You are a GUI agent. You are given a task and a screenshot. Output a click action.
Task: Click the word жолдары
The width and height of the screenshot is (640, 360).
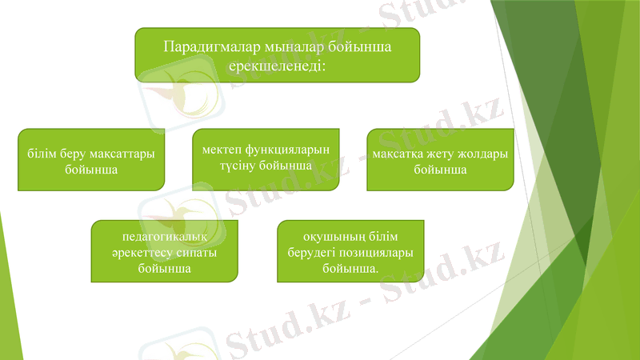pos(484,154)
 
